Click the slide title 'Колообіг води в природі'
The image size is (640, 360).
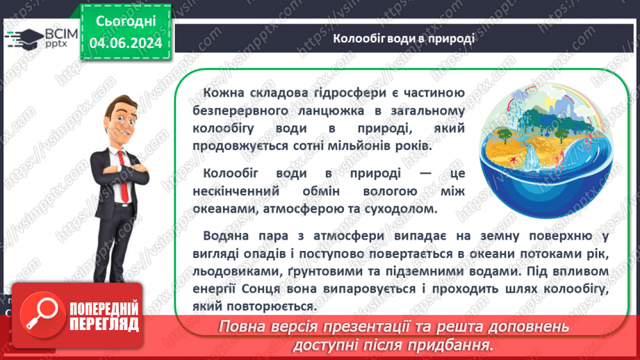[x=403, y=38]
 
